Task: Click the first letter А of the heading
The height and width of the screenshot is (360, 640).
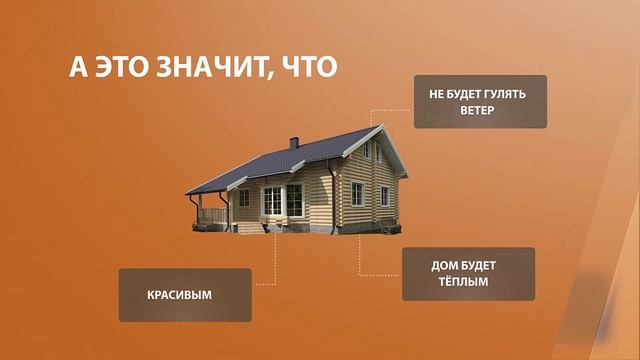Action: [79, 67]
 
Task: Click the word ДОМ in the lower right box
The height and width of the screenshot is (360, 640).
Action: [445, 265]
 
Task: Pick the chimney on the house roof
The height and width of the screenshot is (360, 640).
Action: [293, 142]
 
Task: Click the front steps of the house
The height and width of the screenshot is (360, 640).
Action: [275, 227]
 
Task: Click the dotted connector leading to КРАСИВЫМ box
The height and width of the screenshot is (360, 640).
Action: [271, 265]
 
